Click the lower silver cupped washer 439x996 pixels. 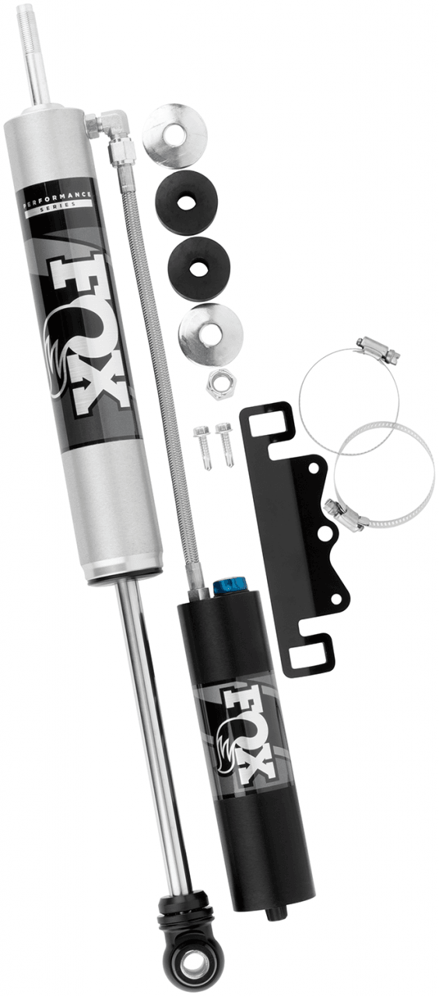pyautogui.click(x=209, y=335)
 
